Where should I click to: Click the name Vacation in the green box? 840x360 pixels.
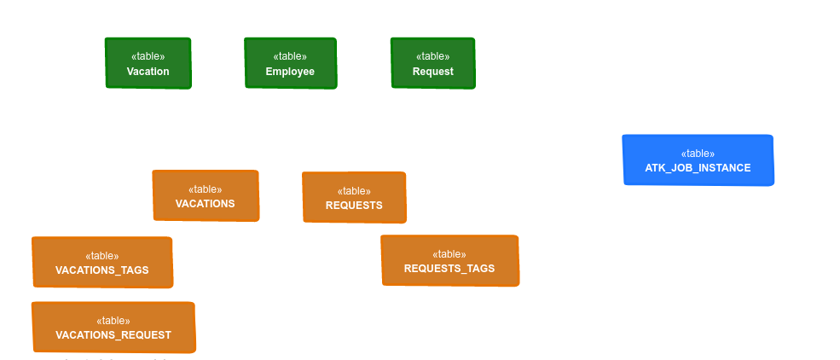[x=148, y=72]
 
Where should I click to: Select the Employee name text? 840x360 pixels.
[x=290, y=72]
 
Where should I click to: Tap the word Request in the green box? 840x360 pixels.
[x=432, y=72]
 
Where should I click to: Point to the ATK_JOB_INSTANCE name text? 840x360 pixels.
[x=698, y=168]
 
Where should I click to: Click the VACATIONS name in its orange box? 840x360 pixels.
[x=205, y=204]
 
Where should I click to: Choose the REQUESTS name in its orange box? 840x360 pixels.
[x=354, y=206]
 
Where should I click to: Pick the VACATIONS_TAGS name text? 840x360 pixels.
[x=102, y=270]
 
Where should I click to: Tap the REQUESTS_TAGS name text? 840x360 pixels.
[x=449, y=269]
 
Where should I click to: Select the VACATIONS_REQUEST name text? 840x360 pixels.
[x=113, y=335]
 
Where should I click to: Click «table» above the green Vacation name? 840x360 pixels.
[x=148, y=56]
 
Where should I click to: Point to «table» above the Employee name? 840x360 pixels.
[x=290, y=56]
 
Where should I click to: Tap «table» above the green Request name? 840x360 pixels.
[x=432, y=56]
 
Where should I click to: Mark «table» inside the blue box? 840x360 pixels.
[x=698, y=154]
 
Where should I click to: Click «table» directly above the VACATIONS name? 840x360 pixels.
[x=205, y=189]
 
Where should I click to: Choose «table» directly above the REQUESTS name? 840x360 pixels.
[x=354, y=191]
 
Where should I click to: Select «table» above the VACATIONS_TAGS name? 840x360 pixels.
[x=102, y=256]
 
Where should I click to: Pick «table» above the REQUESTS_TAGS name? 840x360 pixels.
[x=449, y=254]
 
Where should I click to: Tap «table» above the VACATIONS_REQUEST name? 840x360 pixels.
[x=113, y=321]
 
